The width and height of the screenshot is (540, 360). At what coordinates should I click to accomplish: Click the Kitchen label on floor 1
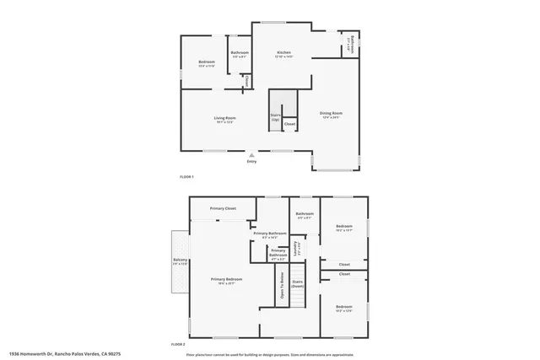284,54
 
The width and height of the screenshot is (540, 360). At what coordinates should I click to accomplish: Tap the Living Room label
224,119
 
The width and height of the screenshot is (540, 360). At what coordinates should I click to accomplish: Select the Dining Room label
330,114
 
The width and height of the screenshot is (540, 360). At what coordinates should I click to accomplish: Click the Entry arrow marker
251,156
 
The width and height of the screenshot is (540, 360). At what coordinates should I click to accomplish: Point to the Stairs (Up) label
275,117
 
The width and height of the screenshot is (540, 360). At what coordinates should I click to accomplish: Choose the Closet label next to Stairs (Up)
289,124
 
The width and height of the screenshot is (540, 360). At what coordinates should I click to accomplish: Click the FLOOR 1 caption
186,176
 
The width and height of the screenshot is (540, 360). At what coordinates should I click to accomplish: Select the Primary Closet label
223,207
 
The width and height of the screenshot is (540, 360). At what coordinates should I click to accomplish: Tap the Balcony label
180,261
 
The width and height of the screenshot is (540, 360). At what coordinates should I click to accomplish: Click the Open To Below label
281,285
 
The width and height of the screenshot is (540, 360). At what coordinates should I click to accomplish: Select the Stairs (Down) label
297,284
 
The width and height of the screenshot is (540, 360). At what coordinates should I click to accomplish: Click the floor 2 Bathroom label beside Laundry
304,215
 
